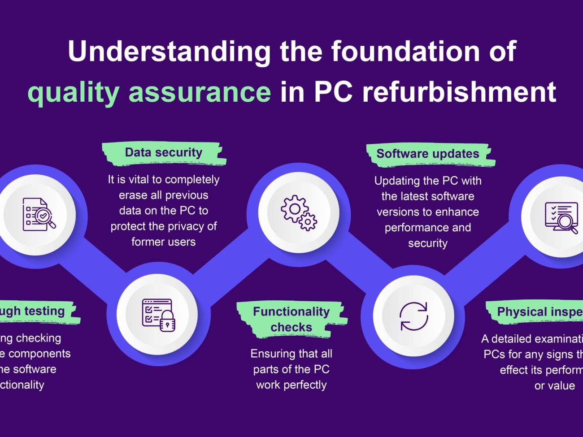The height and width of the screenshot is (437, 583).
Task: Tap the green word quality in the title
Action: (x=73, y=92)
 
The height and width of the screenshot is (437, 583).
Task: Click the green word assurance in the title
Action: (x=200, y=92)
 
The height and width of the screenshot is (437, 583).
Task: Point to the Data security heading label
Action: (x=163, y=153)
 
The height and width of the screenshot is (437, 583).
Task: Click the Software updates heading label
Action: (x=427, y=154)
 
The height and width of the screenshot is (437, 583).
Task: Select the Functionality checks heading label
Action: (x=291, y=319)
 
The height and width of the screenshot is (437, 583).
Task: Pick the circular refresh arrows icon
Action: (x=413, y=316)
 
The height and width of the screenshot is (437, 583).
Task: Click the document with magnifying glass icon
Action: (x=39, y=215)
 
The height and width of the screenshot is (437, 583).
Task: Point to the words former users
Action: (x=163, y=242)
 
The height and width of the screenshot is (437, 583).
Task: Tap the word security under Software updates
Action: (x=427, y=243)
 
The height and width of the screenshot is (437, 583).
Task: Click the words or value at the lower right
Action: (x=554, y=386)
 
